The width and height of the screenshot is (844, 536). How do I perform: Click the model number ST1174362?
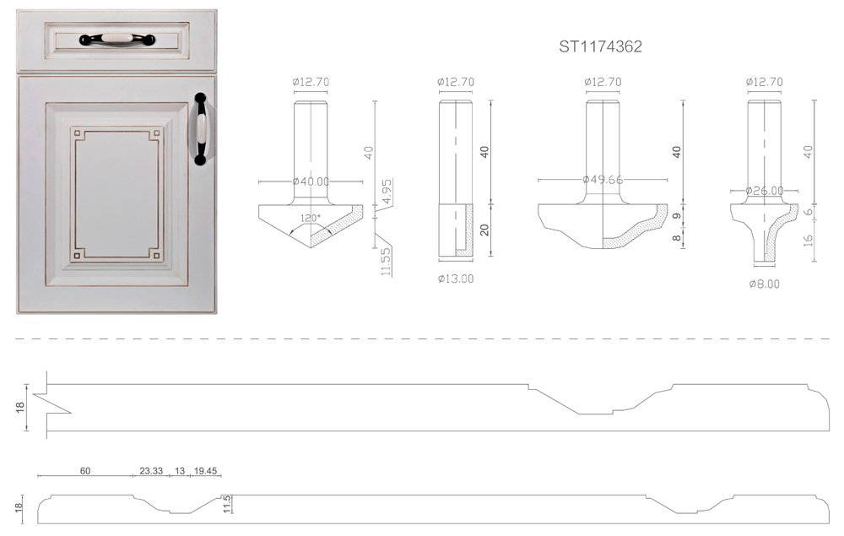click(600, 46)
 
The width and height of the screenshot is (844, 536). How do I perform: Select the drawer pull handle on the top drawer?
click(117, 39)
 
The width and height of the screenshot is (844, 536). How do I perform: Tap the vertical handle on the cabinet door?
click(201, 128)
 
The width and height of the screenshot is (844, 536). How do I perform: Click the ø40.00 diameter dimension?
click(311, 181)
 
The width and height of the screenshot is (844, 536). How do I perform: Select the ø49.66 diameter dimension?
click(603, 180)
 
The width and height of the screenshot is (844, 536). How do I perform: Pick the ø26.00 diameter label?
click(765, 191)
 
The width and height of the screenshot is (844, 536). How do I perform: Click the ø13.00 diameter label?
click(456, 279)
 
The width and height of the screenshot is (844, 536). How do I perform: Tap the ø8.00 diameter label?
click(764, 284)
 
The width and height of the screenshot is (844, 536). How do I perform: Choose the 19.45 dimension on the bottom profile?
click(205, 471)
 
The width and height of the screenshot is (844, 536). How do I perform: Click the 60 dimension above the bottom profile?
click(84, 471)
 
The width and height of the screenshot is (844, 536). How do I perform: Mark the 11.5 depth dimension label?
click(226, 504)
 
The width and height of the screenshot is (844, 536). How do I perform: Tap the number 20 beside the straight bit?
click(485, 230)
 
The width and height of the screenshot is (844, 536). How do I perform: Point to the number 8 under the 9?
click(677, 239)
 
